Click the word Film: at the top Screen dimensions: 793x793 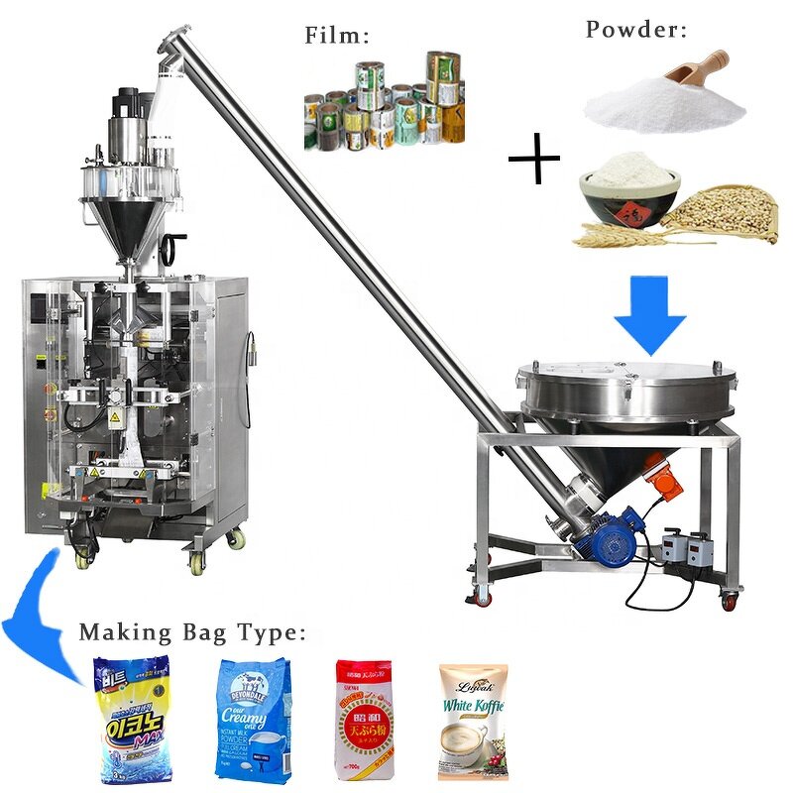point(336,38)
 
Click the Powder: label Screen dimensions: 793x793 point(635,29)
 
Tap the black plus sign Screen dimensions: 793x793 point(534,160)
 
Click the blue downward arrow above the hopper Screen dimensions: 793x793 point(649,315)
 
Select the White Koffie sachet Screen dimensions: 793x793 point(473,719)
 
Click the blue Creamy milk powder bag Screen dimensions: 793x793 point(252,718)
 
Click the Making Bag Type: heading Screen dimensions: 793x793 point(193,631)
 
